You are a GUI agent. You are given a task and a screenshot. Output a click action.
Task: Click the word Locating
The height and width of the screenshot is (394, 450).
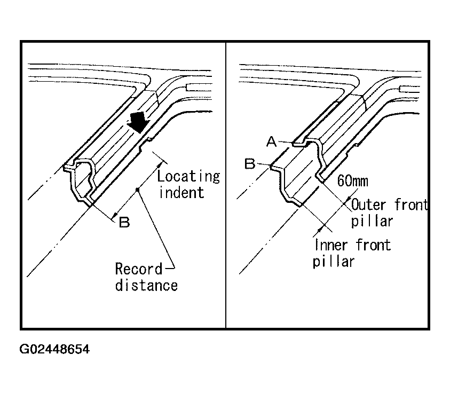coord(188,176)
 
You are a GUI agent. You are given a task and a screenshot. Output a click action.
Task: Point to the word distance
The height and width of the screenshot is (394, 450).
coord(147,285)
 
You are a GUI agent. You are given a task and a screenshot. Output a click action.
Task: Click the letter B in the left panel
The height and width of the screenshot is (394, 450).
coord(124,222)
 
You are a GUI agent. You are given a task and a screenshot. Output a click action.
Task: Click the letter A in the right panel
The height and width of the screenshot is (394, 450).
coord(271,141)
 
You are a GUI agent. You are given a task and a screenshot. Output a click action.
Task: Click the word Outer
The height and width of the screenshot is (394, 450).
coord(368,204)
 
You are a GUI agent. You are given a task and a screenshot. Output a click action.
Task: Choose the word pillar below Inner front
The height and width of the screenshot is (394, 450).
coord(334,262)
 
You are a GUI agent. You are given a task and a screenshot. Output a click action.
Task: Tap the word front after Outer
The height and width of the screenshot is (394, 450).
coord(412,204)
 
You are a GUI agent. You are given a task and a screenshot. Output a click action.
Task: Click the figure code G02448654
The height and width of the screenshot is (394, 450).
coord(55,350)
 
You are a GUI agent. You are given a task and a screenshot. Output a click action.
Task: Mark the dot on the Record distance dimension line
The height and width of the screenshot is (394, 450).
coord(139,189)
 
